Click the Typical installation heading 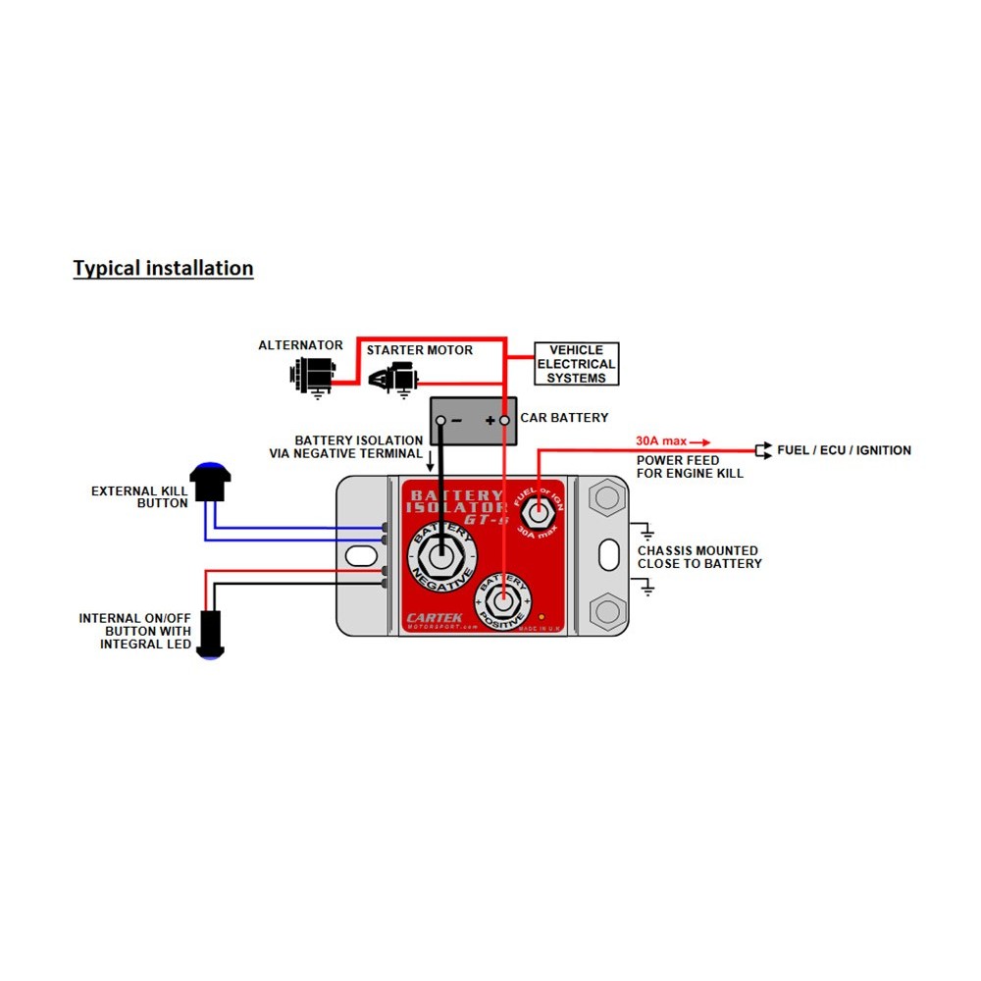(x=163, y=268)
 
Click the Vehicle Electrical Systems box (x=576, y=364)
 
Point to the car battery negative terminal (x=441, y=420)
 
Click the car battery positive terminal (x=505, y=420)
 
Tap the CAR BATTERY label (x=564, y=418)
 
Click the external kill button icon (x=208, y=482)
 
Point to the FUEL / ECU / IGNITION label (x=844, y=450)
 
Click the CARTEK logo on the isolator (x=437, y=618)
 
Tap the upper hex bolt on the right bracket (x=606, y=498)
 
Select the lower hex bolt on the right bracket (x=606, y=612)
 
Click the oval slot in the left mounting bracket (x=360, y=556)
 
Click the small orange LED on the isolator (x=542, y=619)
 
